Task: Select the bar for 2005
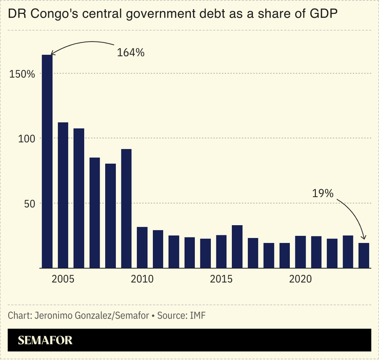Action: tap(63, 195)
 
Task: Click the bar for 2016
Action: tap(237, 246)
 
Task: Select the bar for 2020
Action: tap(301, 252)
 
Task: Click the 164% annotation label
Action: tap(131, 52)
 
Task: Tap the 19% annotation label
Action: tap(323, 193)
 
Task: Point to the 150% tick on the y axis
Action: tap(22, 74)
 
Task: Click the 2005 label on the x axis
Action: tap(63, 280)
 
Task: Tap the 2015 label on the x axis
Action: tap(221, 280)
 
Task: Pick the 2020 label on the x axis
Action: tap(301, 280)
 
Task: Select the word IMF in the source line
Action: tap(197, 315)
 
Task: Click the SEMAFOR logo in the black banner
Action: tap(45, 340)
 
